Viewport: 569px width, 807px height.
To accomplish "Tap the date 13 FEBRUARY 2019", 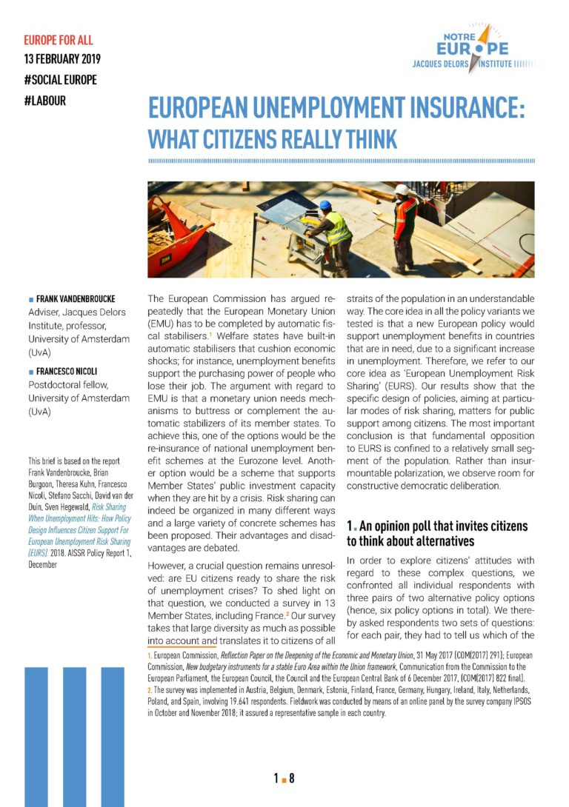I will [x=62, y=59].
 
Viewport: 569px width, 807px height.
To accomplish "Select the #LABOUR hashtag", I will [x=45, y=101].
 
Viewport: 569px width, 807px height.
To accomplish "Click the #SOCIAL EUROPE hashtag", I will [x=61, y=80].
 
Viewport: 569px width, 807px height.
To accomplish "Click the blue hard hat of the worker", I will [x=325, y=204].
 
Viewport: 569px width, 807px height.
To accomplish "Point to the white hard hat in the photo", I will [x=402, y=190].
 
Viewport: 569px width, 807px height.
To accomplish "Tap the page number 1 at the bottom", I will [x=276, y=778].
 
